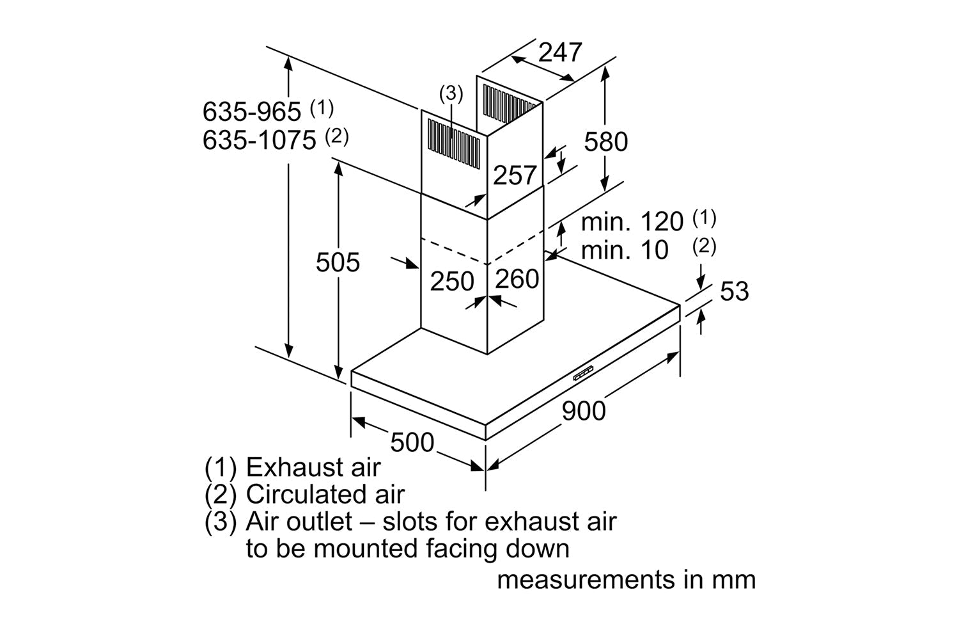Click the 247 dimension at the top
560,52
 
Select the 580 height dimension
605,141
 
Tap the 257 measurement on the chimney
514,175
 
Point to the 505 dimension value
338,262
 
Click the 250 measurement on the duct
451,282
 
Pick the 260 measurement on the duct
517,279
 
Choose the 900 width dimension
583,410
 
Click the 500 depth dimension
412,442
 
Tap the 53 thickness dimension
734,291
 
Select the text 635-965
252,112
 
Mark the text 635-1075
260,140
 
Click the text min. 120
632,222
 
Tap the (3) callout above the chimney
451,93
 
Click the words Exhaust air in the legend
313,467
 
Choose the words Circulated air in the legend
325,495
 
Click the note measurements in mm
626,580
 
